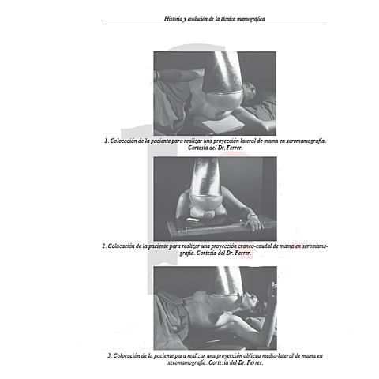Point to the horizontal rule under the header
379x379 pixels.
pos(215,24)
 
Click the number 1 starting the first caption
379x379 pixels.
pos(106,141)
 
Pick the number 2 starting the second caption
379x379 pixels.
pos(104,246)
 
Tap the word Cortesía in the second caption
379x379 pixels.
pos(206,253)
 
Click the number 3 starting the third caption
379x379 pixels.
pos(110,355)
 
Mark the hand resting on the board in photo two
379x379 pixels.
pos(254,223)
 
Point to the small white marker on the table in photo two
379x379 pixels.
pos(193,220)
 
